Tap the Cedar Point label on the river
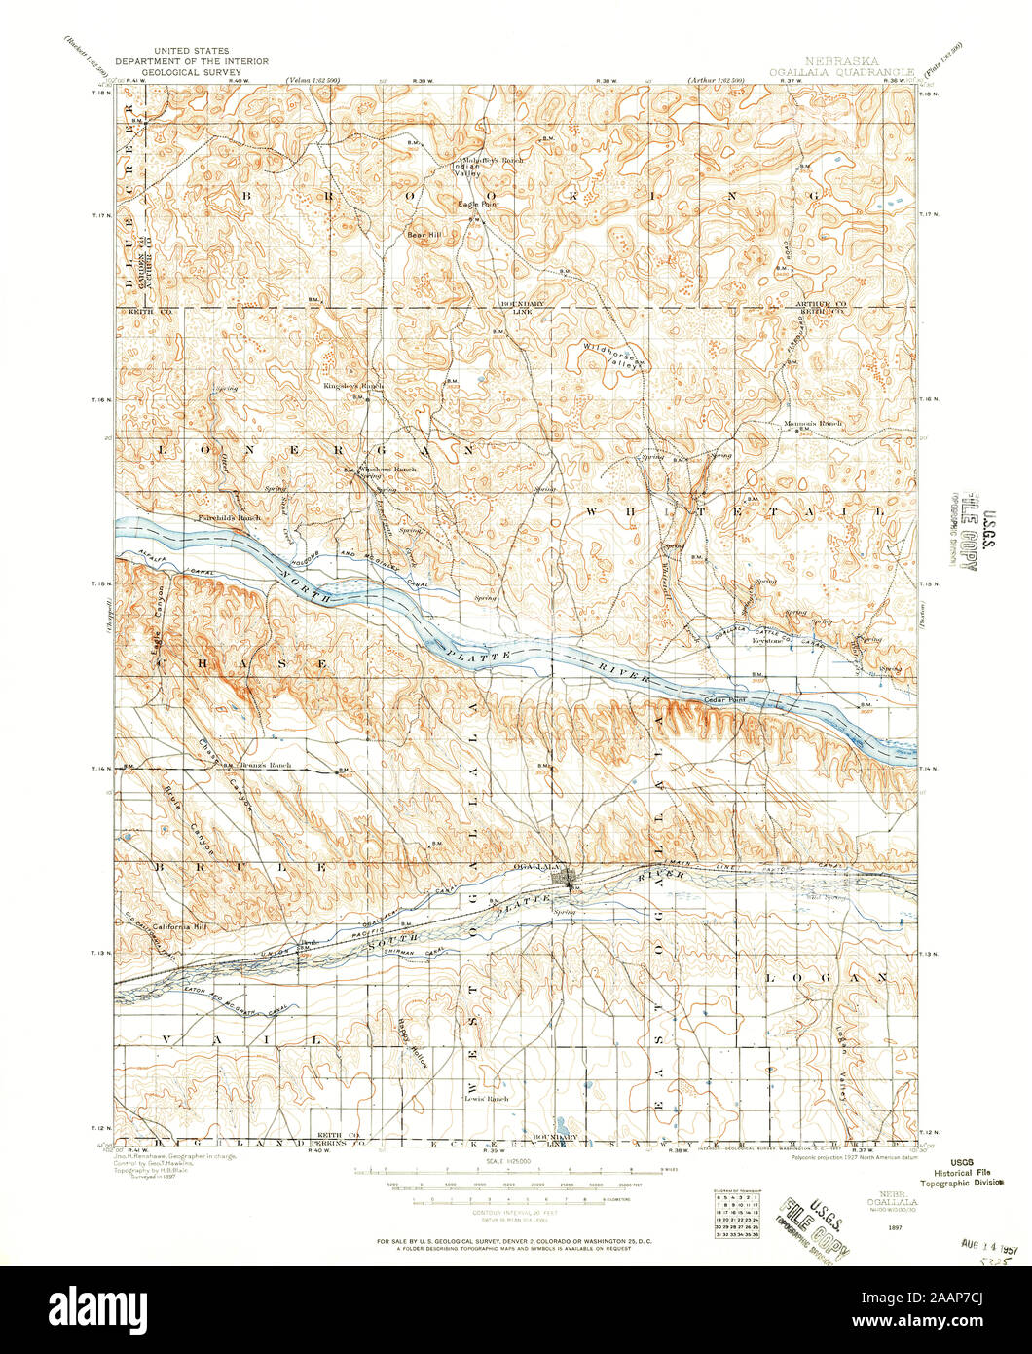click(723, 700)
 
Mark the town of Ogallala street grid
click(564, 880)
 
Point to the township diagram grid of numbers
click(735, 1215)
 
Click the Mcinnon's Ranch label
click(813, 424)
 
